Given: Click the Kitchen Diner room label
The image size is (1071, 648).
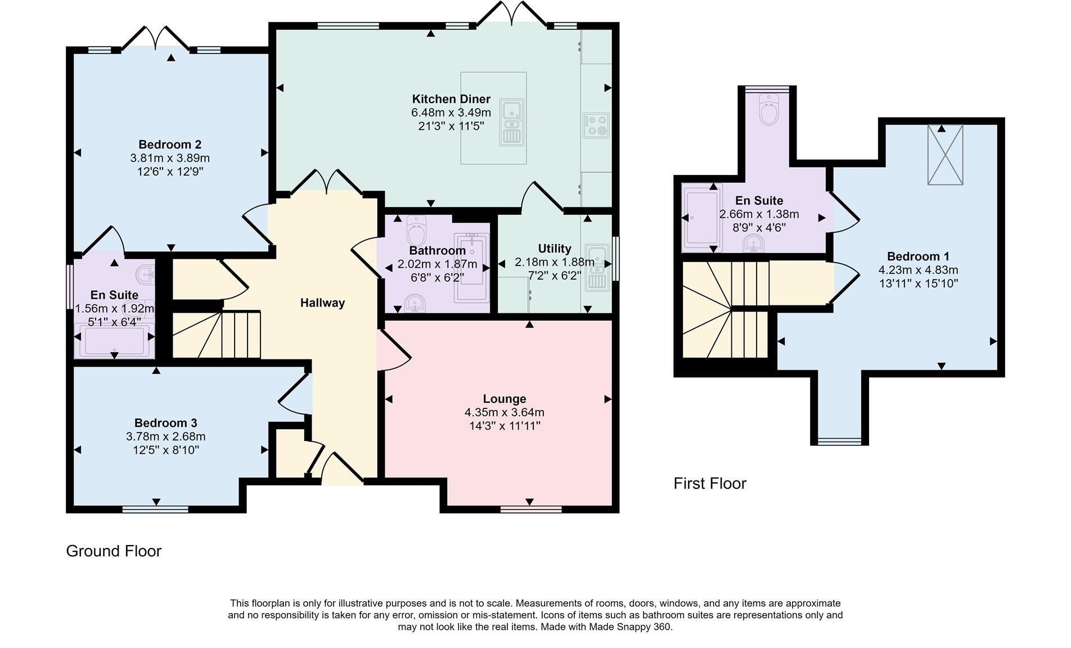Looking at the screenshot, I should pos(451,99).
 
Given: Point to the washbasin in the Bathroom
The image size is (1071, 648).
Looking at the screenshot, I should pos(415,303).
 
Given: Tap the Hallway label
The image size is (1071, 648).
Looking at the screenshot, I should pos(322,303).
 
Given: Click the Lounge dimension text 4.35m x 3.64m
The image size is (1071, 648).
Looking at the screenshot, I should pos(505,412).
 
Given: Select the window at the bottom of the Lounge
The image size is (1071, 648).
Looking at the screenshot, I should pos(531,510).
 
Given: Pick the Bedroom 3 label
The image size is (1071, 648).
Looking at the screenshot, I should pos(165,423).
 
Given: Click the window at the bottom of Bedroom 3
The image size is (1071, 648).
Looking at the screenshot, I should pos(155,510).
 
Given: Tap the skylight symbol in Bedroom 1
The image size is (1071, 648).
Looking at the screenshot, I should pos(945,155).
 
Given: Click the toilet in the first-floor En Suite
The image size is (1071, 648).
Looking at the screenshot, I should pos(768,110).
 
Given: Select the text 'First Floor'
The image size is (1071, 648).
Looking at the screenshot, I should pos(710,484).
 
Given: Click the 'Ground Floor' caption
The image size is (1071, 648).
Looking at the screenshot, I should pos(114,551).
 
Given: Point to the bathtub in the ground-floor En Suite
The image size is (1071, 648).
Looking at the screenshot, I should pos(114,341).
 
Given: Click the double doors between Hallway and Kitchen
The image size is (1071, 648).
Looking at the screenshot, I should pos(327,181).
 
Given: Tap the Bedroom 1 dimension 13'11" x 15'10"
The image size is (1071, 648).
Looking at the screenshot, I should pos(919,283).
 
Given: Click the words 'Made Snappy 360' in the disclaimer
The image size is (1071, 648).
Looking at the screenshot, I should pos(636,627).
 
